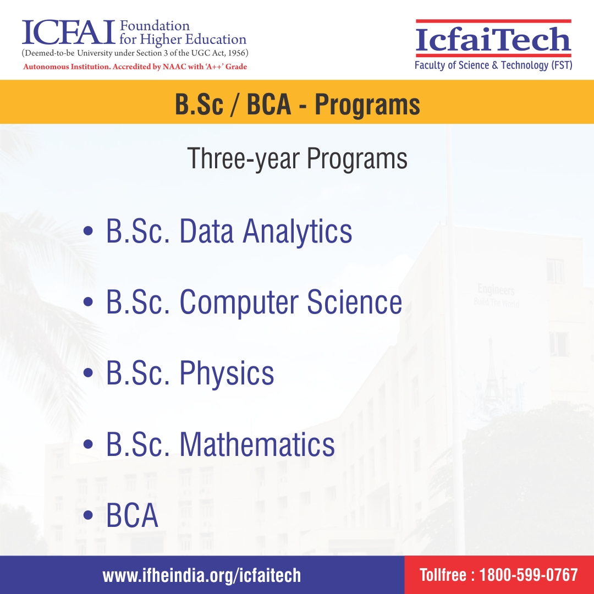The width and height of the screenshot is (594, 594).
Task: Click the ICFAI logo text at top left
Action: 68,32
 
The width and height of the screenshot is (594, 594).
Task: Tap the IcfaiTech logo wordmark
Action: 493,40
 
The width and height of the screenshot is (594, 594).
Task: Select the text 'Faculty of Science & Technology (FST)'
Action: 493,65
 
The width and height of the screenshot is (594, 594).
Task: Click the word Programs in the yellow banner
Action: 367,105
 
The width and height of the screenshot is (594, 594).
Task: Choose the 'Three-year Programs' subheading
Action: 297,158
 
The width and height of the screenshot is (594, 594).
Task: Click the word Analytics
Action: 298,232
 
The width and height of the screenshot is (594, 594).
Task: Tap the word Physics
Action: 227,374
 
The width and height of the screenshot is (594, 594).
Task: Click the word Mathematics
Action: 257,444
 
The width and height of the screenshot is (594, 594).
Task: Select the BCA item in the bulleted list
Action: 132,516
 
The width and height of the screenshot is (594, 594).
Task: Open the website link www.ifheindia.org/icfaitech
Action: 202,575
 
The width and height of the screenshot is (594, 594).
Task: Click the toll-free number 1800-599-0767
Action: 529,575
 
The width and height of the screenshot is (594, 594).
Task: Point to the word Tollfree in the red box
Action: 443,575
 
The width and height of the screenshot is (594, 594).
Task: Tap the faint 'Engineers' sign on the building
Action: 496,290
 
